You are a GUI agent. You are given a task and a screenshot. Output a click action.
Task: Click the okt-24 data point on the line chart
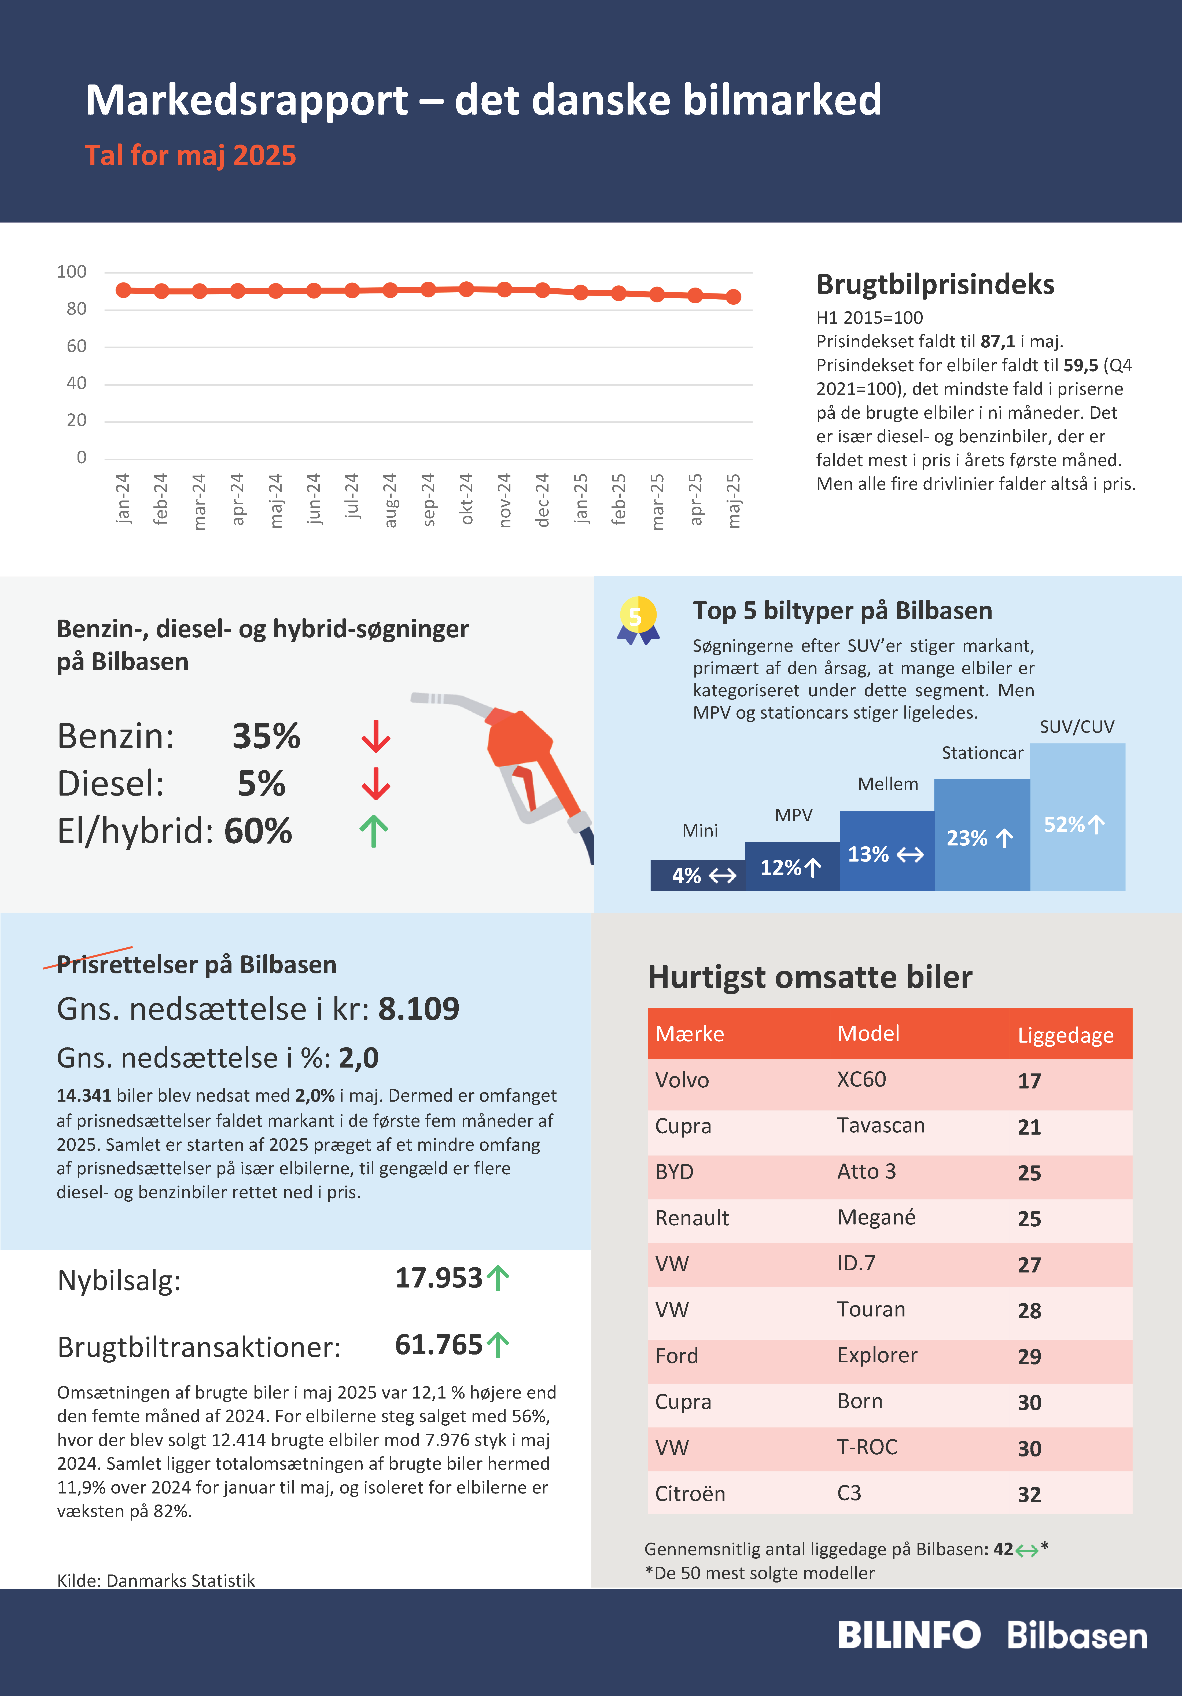coord(466,289)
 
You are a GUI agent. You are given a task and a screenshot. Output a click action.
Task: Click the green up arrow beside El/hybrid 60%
coord(374,831)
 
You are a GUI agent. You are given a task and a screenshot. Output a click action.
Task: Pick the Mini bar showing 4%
coord(698,875)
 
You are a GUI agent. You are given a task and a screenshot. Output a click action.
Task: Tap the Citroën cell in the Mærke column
coord(690,1493)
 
